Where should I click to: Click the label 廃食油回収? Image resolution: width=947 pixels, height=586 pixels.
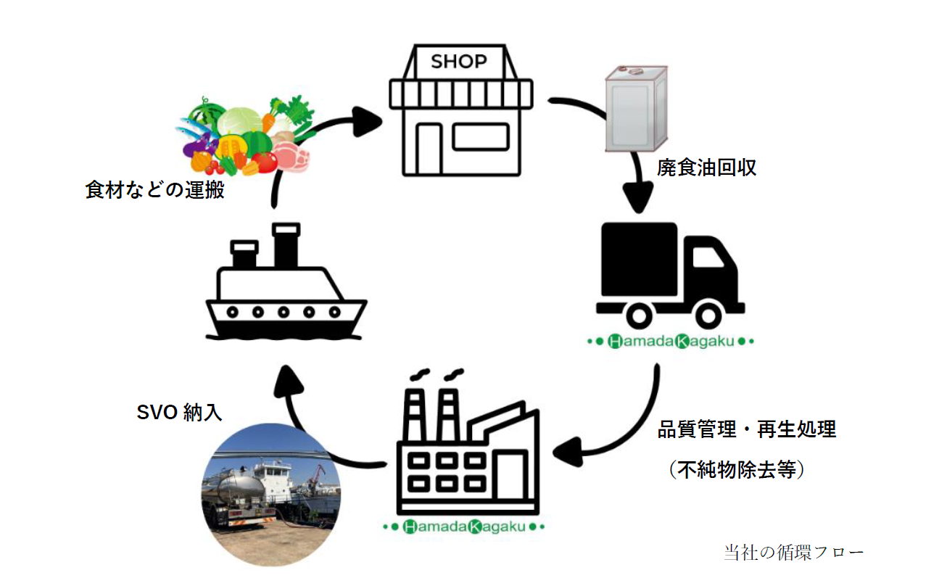[706, 168]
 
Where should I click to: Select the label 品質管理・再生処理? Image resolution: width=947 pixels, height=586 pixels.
[746, 429]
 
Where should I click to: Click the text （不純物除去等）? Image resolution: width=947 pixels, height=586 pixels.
[737, 471]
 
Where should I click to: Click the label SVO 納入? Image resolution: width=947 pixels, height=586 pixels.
[179, 413]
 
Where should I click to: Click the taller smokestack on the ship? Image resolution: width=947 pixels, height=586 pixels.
[285, 244]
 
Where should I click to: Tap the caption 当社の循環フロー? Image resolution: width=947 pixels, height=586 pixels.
[793, 552]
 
